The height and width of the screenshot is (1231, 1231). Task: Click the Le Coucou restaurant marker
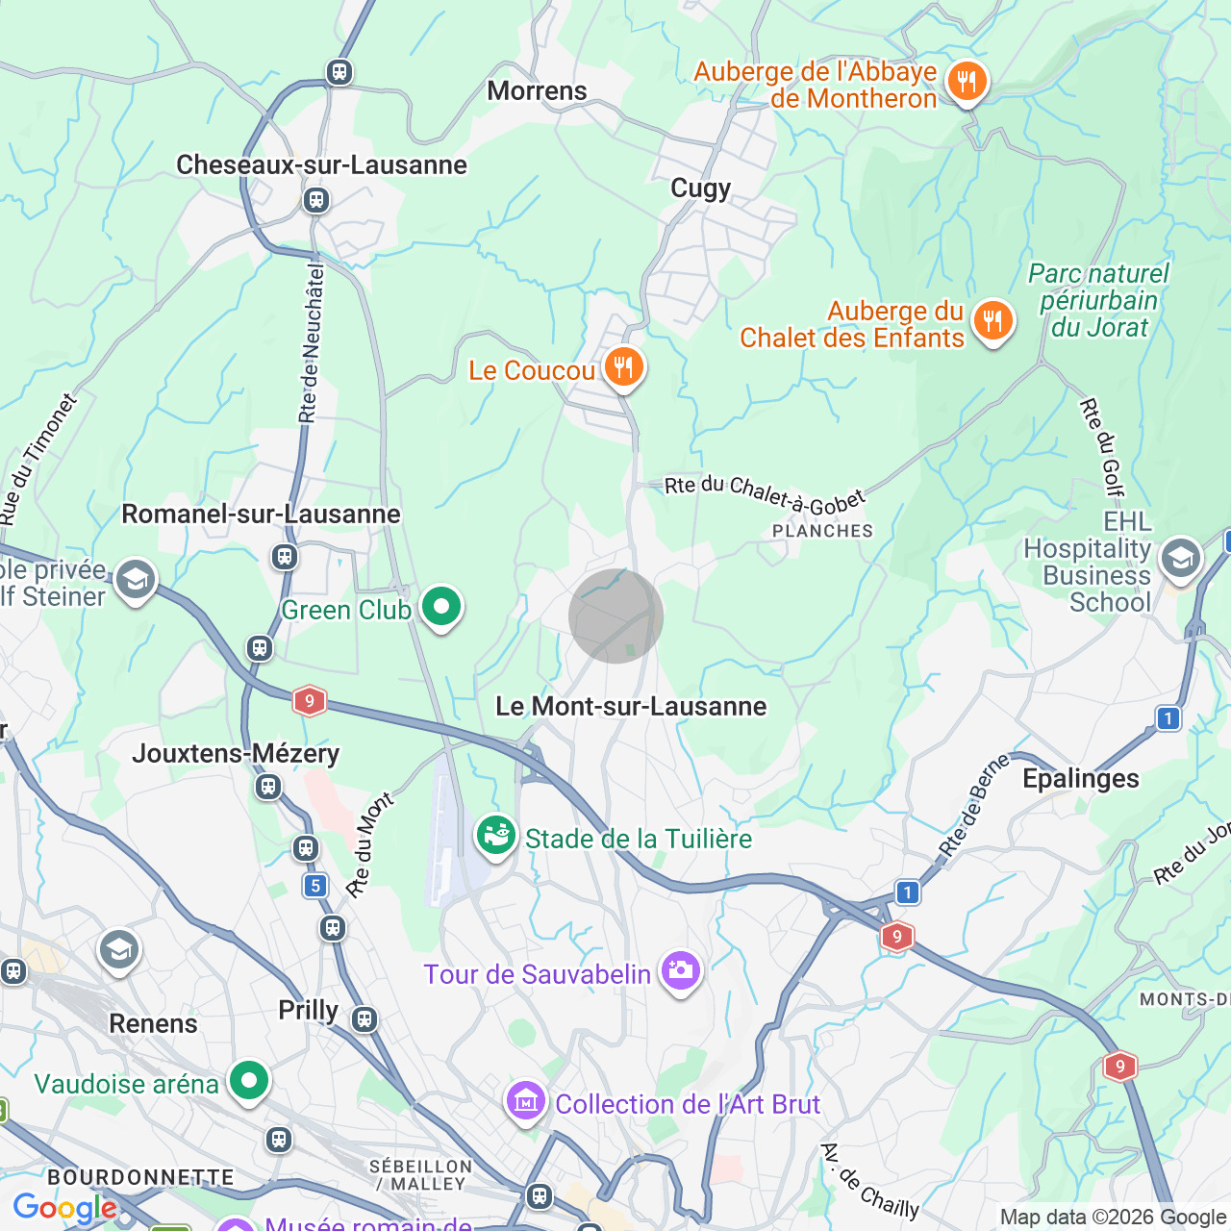[624, 368]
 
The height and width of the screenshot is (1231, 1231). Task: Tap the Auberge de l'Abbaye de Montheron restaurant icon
[967, 83]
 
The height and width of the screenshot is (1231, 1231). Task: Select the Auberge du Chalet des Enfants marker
[992, 321]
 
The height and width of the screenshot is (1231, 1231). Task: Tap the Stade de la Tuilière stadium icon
[496, 835]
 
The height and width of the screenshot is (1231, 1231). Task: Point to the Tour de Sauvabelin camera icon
[680, 971]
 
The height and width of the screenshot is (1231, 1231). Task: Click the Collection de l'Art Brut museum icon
[526, 1101]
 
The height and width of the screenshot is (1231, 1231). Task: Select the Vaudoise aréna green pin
[249, 1081]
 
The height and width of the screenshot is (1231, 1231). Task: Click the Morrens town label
[537, 91]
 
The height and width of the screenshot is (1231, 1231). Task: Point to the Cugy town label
[700, 188]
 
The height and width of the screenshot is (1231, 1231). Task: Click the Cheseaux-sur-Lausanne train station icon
[315, 200]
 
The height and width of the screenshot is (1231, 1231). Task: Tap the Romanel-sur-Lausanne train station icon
[284, 556]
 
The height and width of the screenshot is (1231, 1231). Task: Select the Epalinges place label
[1080, 779]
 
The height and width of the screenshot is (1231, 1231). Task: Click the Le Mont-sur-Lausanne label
[631, 707]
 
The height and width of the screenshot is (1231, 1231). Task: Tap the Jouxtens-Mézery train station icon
[268, 788]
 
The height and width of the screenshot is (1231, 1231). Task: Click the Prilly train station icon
[364, 1018]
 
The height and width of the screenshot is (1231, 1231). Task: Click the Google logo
[64, 1208]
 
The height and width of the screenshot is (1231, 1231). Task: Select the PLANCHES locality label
[822, 531]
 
